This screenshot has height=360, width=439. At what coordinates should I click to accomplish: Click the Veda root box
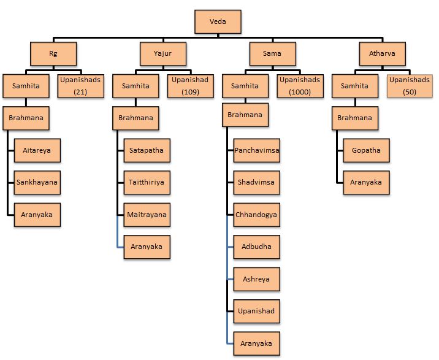pyautogui.click(x=218, y=22)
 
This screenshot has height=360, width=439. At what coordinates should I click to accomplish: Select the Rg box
pyautogui.click(x=53, y=53)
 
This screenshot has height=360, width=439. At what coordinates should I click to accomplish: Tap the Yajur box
pyautogui.click(x=163, y=53)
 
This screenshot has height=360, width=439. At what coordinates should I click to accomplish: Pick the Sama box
pyautogui.click(x=272, y=53)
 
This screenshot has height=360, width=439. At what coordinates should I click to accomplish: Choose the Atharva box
pyautogui.click(x=382, y=53)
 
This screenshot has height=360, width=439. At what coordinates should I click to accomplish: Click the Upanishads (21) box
pyautogui.click(x=80, y=86)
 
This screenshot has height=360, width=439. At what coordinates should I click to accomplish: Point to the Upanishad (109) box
pyautogui.click(x=190, y=86)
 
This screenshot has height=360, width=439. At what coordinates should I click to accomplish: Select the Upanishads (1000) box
pyautogui.click(x=299, y=86)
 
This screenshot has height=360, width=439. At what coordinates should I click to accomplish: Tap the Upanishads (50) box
pyautogui.click(x=409, y=86)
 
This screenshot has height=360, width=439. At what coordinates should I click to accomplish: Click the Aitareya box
pyautogui.click(x=37, y=150)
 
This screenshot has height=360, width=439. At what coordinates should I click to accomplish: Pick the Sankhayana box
pyautogui.click(x=37, y=182)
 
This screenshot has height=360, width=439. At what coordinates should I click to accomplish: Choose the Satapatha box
pyautogui.click(x=147, y=150)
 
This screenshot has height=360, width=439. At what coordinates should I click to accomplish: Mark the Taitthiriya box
pyautogui.click(x=147, y=182)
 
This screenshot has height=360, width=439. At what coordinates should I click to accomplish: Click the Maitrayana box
pyautogui.click(x=147, y=215)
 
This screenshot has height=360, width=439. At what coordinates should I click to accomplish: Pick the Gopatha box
pyautogui.click(x=366, y=150)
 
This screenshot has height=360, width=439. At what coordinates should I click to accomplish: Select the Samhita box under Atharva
pyautogui.click(x=355, y=86)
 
